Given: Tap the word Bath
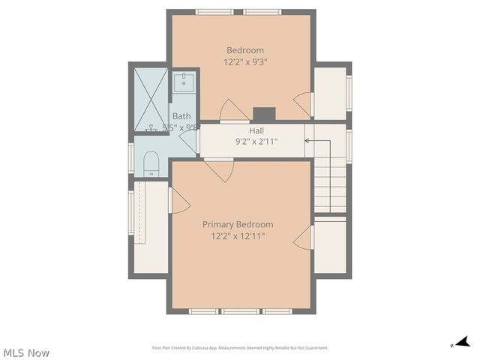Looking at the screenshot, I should coord(181,116).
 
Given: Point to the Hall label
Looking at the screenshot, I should coord(246,130).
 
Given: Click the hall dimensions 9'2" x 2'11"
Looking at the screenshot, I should coord(256,140).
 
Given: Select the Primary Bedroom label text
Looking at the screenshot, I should coord(238,224).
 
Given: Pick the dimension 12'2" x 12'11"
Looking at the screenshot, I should coord(238,236).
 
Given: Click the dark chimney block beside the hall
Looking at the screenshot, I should coord(264,114).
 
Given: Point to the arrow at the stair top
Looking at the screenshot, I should coord(307,140).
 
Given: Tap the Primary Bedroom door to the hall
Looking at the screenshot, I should coord(220,169).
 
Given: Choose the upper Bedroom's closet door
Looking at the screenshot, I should coord(304,102).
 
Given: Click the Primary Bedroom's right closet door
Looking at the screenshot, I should coord(304,238).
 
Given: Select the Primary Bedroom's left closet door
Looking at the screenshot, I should coord(179,200).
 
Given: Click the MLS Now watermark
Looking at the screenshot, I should coord(26,352).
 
